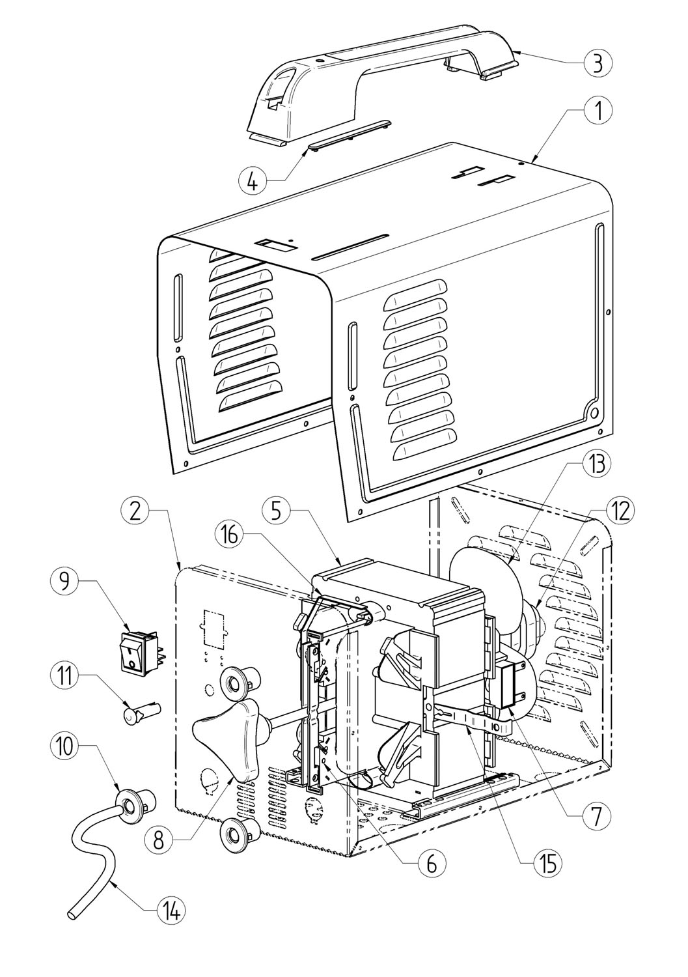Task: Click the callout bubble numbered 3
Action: (598, 63)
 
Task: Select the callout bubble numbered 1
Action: (598, 111)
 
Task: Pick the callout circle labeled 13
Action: (598, 464)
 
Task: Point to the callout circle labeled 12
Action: (620, 511)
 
